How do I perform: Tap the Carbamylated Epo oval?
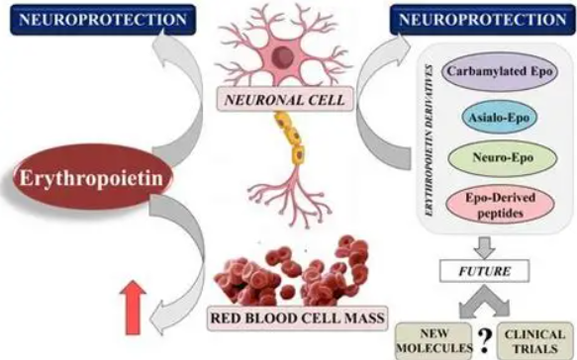pos(500,71)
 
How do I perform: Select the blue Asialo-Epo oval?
pos(499,117)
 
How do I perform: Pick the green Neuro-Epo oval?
pos(503,158)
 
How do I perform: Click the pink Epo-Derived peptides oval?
pos(500,205)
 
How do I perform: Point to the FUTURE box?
pos(485,271)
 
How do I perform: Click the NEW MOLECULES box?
pos(434,341)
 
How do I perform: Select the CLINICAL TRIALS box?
pos(534,341)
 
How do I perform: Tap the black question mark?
pos(485,340)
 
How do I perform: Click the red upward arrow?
pos(134,308)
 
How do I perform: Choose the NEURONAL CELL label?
pos(284,100)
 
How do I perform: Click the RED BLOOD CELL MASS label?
pos(297,317)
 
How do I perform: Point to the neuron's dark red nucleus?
pos(283,56)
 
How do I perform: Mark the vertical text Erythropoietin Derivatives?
pos(430,140)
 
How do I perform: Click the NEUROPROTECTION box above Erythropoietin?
pos(103,20)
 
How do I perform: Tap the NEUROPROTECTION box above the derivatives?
pos(482,20)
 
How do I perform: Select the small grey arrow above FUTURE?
pos(485,247)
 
